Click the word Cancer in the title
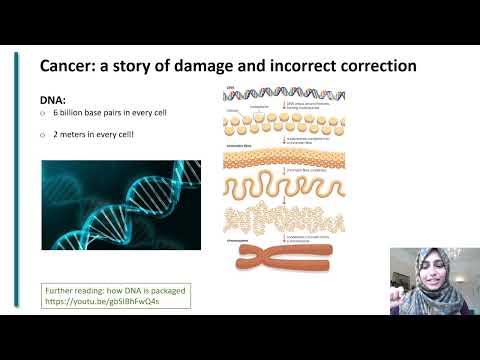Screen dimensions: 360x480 point(68,67)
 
